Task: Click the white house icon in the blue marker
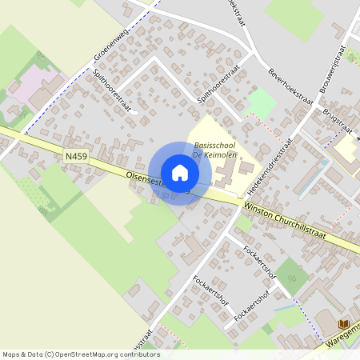click(x=180, y=173)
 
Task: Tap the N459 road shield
click(x=76, y=158)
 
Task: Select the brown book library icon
click(x=345, y=323)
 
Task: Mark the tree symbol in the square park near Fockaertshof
click(x=291, y=278)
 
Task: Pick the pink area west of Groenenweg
click(x=36, y=84)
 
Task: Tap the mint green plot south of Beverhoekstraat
click(x=261, y=103)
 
